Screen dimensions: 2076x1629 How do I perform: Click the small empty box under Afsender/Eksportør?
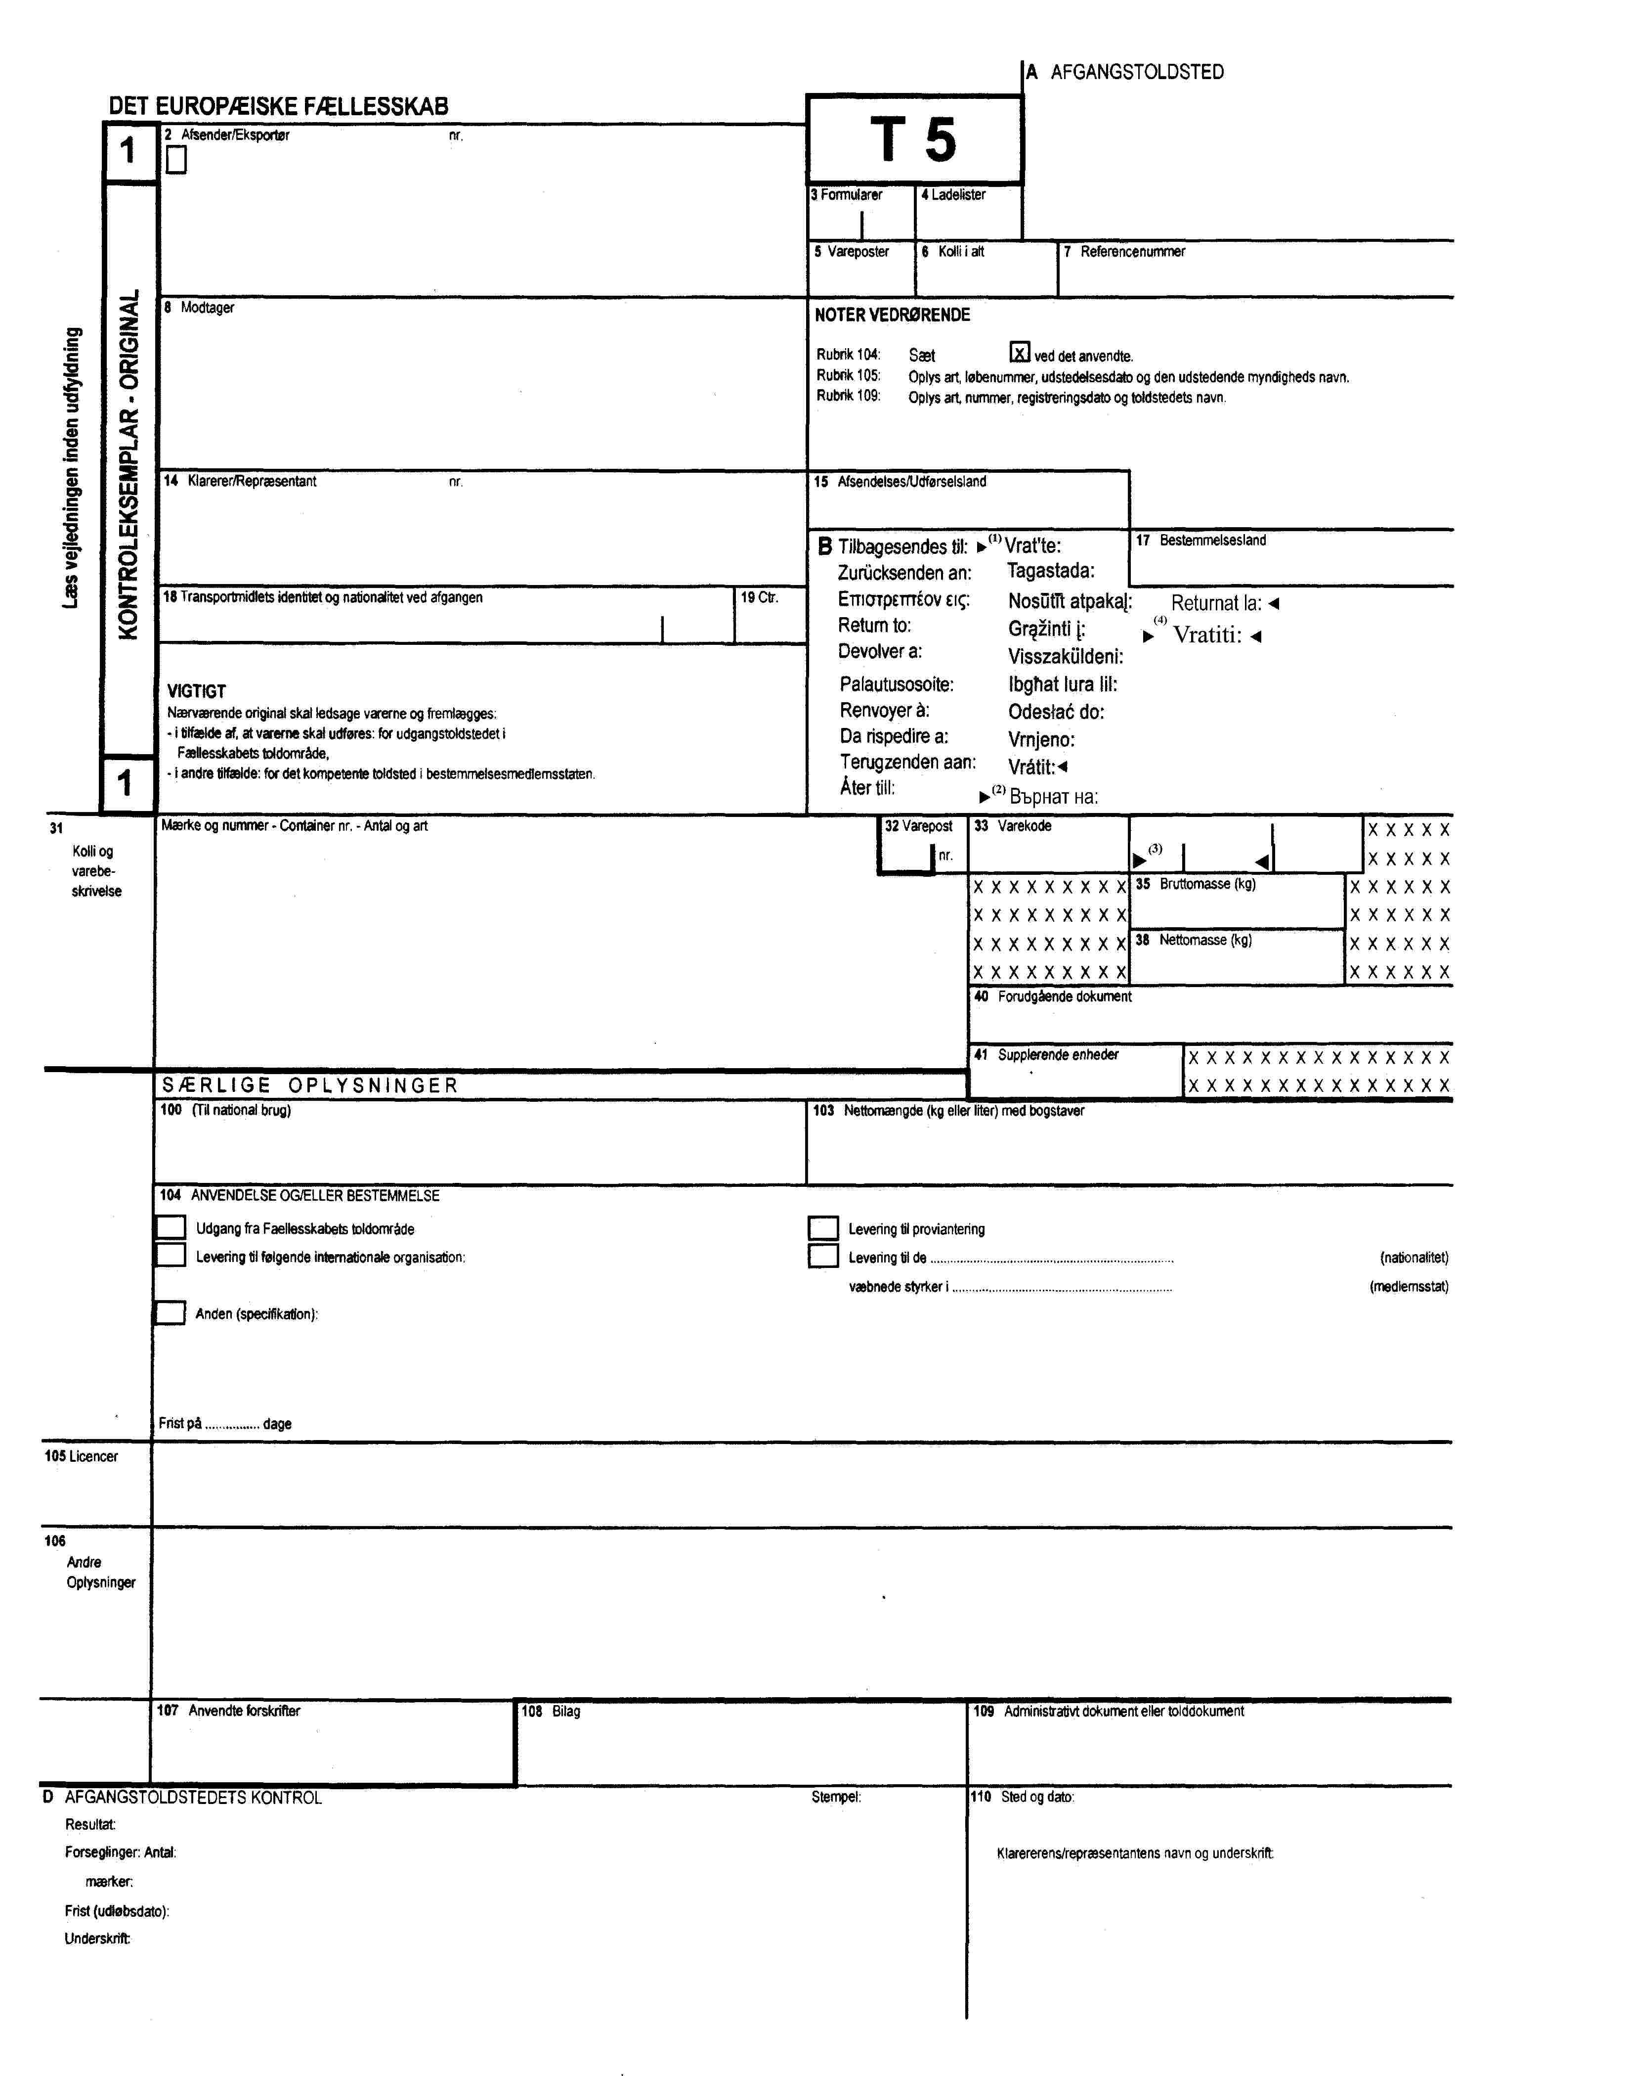click(x=176, y=160)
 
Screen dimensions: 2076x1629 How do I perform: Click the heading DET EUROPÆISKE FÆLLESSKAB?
click(x=278, y=106)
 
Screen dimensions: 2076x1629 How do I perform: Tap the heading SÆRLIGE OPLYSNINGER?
click(x=310, y=1085)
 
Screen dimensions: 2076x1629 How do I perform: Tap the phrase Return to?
click(x=875, y=626)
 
